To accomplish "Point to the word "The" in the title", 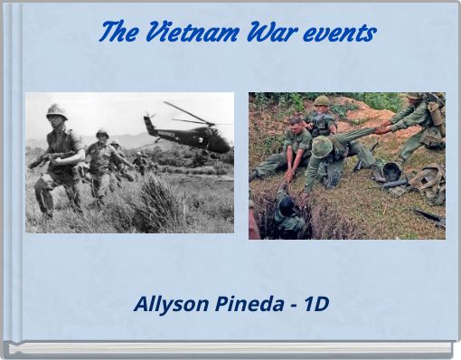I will point(117,33).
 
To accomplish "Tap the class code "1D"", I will point(316,304).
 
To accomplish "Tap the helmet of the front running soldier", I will point(57,110).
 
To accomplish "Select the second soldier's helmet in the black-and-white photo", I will point(102,133).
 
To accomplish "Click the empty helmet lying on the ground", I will point(392,170).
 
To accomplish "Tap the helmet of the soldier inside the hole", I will point(286,204).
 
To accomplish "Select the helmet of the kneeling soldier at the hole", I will point(322,147).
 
